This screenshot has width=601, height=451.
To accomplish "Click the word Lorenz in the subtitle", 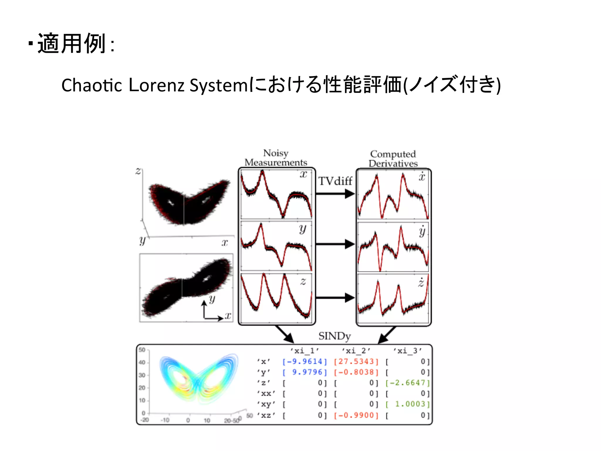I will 156,85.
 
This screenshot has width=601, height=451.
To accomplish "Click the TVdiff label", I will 335,181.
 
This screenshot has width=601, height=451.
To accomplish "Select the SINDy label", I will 335,336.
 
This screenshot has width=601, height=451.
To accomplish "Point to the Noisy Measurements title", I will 276,158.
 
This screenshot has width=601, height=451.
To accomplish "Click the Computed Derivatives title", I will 393,159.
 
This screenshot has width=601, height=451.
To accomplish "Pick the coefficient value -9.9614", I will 305,361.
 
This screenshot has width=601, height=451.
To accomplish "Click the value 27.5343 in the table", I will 356,361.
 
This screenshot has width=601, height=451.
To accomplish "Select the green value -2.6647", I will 408,383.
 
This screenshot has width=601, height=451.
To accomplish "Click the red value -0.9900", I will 356,415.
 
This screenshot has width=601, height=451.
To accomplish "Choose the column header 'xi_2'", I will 356,351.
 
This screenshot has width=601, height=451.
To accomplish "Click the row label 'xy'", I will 266,404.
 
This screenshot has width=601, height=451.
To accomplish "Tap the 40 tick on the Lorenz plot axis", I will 142,362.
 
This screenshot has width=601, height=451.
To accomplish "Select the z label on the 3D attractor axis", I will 138,171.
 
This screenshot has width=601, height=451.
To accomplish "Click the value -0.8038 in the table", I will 356,372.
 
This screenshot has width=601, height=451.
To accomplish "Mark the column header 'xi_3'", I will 408,351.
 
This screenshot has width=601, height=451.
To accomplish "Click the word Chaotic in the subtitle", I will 92,85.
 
